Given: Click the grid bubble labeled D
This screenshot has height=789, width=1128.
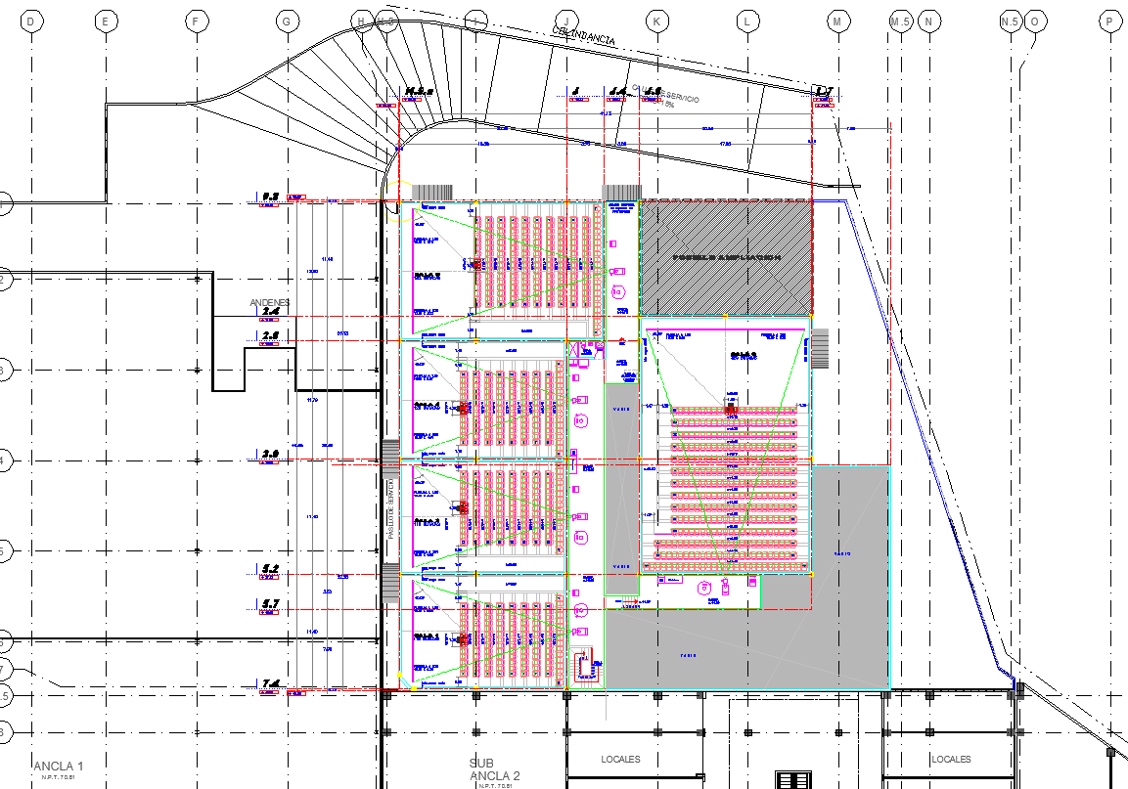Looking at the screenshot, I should pyautogui.click(x=32, y=21).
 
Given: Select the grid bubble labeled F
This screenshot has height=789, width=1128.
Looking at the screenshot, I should pyautogui.click(x=197, y=21).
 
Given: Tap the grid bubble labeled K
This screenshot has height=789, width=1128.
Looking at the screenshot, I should pyautogui.click(x=656, y=21).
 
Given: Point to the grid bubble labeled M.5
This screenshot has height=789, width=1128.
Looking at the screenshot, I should pyautogui.click(x=900, y=21).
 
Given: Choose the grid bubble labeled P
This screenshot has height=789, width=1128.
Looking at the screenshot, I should pyautogui.click(x=1109, y=21).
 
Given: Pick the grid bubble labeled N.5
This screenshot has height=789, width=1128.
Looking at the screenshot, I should pyautogui.click(x=1011, y=21).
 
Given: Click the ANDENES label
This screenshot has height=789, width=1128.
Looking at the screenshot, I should pyautogui.click(x=270, y=302).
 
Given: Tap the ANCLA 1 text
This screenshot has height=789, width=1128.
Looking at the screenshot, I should pyautogui.click(x=59, y=766).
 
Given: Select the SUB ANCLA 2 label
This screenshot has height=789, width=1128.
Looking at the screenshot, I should pyautogui.click(x=495, y=769).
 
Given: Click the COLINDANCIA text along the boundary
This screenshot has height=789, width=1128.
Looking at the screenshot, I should pyautogui.click(x=584, y=36).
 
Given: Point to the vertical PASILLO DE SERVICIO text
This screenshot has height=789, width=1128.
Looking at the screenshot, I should pyautogui.click(x=389, y=508).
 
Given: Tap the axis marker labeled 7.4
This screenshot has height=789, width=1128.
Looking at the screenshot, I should pyautogui.click(x=270, y=683).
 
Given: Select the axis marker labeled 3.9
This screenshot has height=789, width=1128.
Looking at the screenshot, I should pyautogui.click(x=270, y=454).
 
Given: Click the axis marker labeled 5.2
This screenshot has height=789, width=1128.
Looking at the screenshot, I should pyautogui.click(x=270, y=568).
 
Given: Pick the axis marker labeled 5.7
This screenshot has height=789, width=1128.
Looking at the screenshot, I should pyautogui.click(x=270, y=604).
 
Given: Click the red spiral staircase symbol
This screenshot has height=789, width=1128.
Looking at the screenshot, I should pyautogui.click(x=587, y=665).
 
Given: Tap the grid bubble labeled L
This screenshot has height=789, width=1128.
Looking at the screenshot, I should pyautogui.click(x=747, y=21).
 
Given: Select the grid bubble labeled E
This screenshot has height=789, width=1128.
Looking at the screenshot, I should pyautogui.click(x=105, y=21).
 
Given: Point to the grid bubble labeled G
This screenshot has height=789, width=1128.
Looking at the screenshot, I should pyautogui.click(x=287, y=21).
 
